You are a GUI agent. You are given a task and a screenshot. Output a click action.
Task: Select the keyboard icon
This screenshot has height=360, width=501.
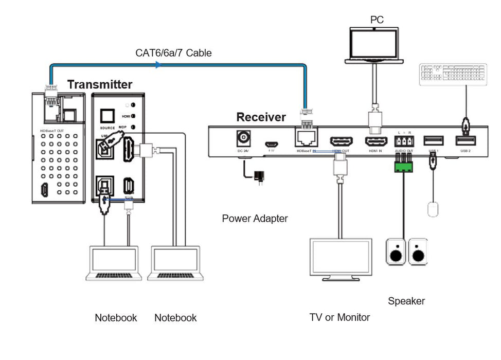453,75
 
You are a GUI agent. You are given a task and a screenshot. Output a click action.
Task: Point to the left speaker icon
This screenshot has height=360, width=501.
396,251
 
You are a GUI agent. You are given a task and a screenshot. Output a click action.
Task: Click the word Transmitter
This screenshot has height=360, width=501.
100,84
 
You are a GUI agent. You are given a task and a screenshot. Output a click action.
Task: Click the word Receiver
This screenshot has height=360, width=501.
261,117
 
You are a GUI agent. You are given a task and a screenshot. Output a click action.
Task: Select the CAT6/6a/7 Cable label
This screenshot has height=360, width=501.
173,53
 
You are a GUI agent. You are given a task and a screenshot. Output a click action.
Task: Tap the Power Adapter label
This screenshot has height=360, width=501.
255,219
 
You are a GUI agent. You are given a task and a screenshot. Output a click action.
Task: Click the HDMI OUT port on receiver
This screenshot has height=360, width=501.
341,141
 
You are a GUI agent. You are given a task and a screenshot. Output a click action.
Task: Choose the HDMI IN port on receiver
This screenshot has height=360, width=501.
376,141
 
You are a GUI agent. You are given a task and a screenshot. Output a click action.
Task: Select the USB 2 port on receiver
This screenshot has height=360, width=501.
464,140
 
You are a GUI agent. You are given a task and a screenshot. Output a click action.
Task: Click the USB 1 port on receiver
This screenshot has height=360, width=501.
433,140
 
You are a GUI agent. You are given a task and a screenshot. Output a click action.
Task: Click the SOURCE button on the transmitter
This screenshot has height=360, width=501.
108,115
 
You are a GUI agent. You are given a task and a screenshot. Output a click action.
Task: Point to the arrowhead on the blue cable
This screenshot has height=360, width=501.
158,65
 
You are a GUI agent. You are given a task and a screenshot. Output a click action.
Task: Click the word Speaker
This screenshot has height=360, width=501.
406,301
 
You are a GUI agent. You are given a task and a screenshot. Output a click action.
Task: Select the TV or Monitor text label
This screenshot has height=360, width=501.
339,317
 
